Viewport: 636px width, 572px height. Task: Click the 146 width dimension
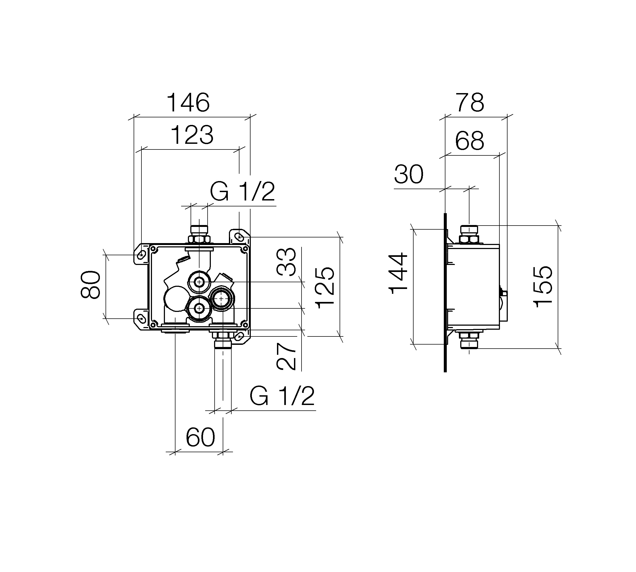(188, 103)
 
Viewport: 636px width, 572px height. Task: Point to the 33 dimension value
(286, 261)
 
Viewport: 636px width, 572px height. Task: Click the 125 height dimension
(324, 288)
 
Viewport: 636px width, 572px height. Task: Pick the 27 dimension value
(286, 356)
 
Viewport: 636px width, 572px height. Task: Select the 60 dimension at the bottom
(200, 437)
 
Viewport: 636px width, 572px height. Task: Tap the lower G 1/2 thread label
(282, 396)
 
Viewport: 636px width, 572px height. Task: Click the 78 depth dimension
(470, 103)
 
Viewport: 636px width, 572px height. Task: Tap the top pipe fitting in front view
(199, 234)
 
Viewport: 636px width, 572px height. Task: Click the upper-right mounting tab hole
(240, 236)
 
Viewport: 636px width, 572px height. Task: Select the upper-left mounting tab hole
(141, 255)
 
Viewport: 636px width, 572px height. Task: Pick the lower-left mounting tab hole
(141, 318)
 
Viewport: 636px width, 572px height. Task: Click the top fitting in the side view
(469, 234)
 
